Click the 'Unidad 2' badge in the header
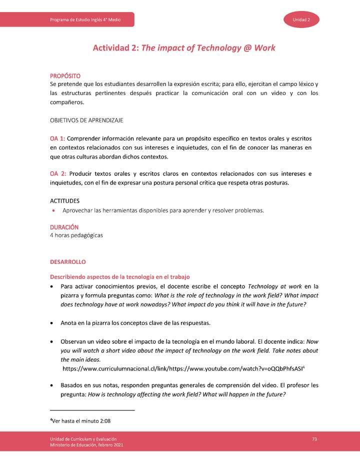(x=301, y=19)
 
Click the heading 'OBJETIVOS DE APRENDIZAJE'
(x=86, y=120)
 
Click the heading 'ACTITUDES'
(x=64, y=200)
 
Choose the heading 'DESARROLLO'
(x=67, y=262)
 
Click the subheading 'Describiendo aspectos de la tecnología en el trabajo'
(x=119, y=276)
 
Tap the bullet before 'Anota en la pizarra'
(x=52, y=322)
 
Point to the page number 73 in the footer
(x=314, y=438)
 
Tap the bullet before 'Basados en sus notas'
(x=52, y=385)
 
